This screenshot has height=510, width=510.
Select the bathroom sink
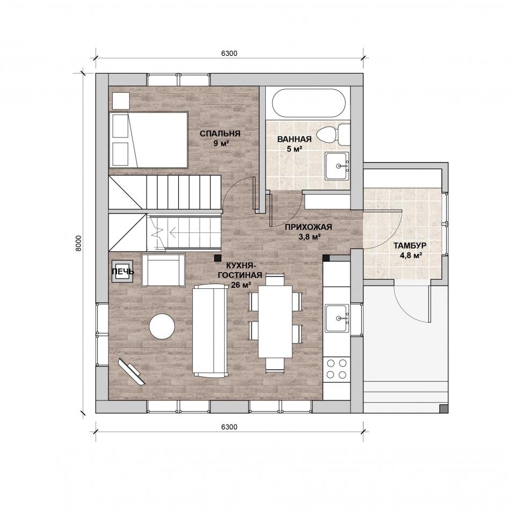tap(337, 165)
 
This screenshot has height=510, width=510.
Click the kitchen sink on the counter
tap(337, 318)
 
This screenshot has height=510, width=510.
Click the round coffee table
tap(162, 326)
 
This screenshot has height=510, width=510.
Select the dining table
tap(275, 322)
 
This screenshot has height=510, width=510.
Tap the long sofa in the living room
tap(210, 331)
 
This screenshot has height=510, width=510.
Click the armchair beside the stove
tap(163, 270)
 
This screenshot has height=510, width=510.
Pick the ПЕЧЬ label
tap(122, 272)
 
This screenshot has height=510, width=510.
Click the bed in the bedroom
tap(149, 140)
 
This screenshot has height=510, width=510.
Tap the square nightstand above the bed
tap(121, 101)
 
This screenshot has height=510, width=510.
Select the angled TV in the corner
tap(132, 371)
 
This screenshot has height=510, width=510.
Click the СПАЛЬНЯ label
tap(220, 133)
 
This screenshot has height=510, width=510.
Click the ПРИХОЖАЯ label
tap(308, 227)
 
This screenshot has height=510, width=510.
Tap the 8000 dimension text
tap(78, 243)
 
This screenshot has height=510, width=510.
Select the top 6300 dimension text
tap(229, 53)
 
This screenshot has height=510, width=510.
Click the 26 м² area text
tap(241, 285)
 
